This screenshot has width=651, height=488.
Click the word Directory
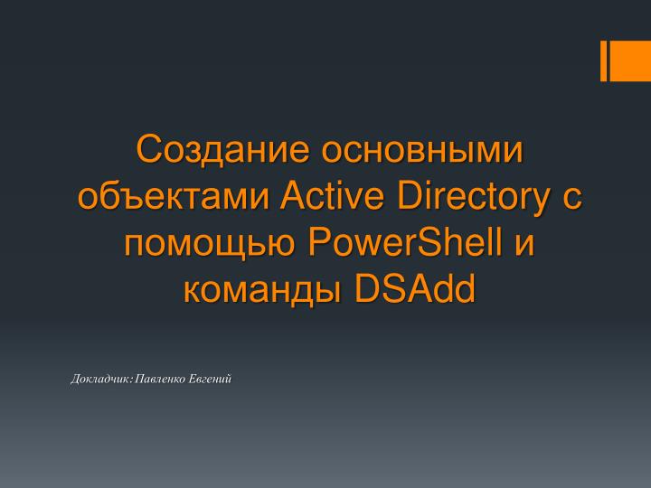click(464, 195)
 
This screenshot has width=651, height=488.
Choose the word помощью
click(209, 242)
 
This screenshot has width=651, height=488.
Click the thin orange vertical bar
click(603, 61)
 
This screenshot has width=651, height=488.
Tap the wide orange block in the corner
click(630, 61)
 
